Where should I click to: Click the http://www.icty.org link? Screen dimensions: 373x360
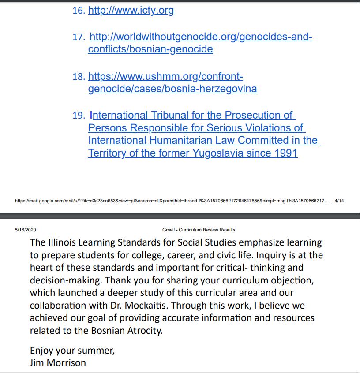[x=131, y=10]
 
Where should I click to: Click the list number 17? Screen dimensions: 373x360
[x=78, y=37]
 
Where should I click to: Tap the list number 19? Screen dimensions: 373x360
[x=78, y=116]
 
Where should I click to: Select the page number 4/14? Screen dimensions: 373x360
[x=339, y=201]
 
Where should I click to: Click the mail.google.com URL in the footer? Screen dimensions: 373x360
[x=172, y=201]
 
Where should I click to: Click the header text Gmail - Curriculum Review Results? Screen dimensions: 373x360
[x=199, y=230]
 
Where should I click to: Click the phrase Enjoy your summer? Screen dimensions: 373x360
[x=72, y=351]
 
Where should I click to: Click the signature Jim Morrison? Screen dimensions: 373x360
[x=58, y=363]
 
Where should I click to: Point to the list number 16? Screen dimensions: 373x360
[x=78, y=11]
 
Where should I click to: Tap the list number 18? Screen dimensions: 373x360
[x=78, y=77]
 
